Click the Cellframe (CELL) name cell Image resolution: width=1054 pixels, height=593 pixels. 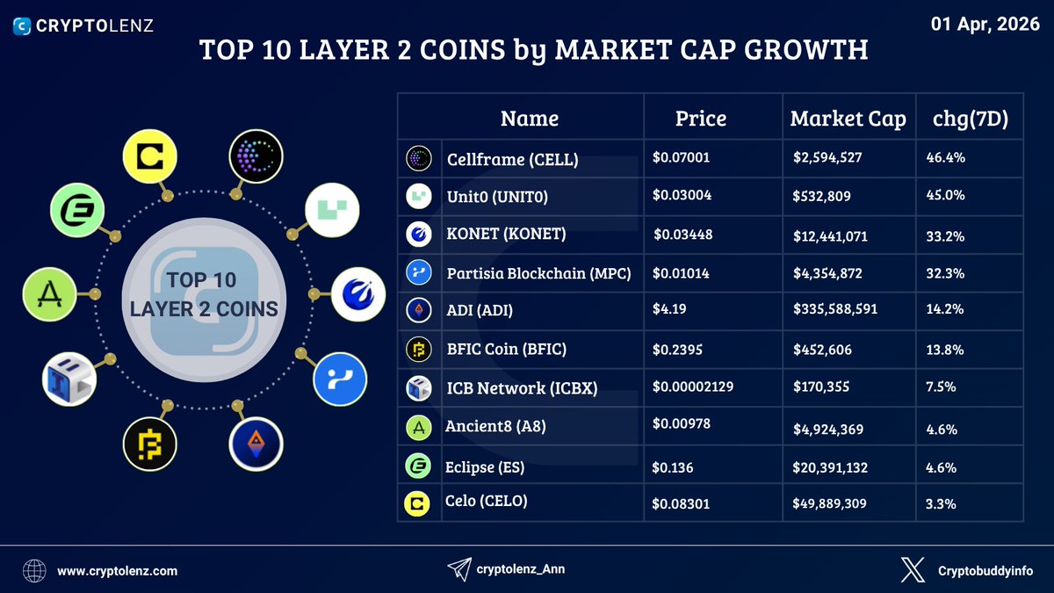(x=512, y=159)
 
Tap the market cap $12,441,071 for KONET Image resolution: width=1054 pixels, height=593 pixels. (x=834, y=235)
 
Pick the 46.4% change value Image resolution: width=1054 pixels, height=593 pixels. (x=945, y=158)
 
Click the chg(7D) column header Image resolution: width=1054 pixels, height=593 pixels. (x=970, y=119)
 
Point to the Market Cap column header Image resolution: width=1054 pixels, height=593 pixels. (x=848, y=119)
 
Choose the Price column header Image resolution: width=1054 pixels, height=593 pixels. (x=700, y=119)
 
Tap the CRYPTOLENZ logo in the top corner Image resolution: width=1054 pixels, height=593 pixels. (x=84, y=25)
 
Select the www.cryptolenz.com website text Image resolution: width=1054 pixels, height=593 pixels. (x=118, y=571)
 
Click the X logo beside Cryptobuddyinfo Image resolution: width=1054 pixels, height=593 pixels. (x=913, y=570)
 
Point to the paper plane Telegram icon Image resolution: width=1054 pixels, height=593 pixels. (x=458, y=570)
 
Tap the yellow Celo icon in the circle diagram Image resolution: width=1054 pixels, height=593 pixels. (x=150, y=158)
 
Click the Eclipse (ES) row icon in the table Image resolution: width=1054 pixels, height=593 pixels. (x=416, y=467)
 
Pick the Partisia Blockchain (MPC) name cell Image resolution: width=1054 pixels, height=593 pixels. (x=539, y=273)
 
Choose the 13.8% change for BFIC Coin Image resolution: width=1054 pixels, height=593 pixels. (x=945, y=349)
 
